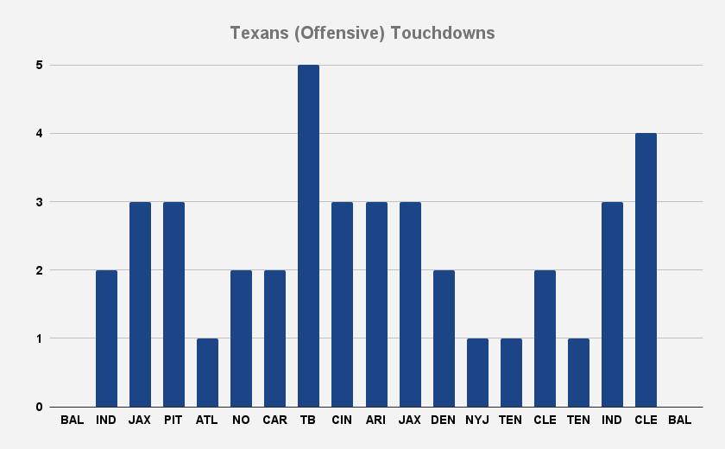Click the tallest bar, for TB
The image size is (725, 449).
click(308, 236)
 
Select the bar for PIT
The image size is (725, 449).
click(173, 304)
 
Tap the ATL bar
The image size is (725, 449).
click(207, 372)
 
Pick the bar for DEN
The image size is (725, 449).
click(444, 338)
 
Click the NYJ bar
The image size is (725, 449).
click(477, 372)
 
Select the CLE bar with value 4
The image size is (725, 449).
click(646, 269)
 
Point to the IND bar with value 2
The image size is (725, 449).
click(106, 338)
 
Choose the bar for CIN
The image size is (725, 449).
click(342, 304)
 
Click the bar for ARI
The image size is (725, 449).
click(376, 304)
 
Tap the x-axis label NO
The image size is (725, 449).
click(241, 421)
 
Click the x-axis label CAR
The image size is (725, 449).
click(274, 421)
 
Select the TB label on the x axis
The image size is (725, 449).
click(308, 421)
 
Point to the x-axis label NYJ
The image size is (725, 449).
click(477, 421)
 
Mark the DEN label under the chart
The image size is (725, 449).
click(444, 421)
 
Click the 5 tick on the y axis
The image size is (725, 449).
click(40, 65)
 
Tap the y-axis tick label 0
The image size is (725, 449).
click(40, 407)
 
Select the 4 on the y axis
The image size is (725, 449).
click(40, 133)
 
